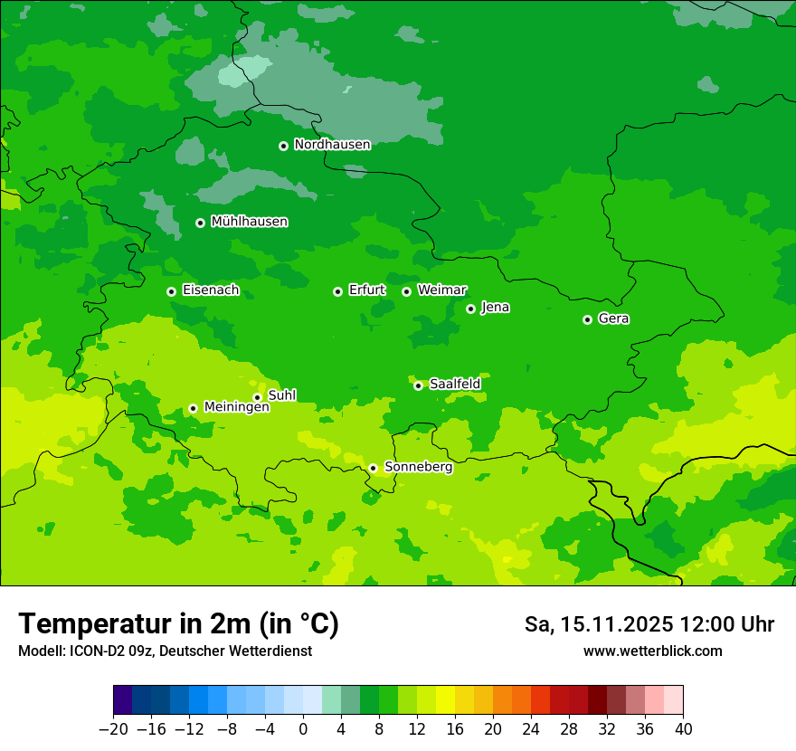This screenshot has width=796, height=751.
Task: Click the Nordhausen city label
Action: point(332,145)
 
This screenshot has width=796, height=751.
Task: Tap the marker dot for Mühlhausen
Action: point(200,223)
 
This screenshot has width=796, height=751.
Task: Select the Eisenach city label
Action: point(211,290)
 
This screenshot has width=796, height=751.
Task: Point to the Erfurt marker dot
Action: point(337,291)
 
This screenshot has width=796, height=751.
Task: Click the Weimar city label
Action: point(441,290)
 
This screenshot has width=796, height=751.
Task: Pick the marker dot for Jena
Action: point(470,309)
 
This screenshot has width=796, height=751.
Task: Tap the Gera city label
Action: point(613,318)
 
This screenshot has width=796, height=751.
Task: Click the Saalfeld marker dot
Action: point(418,385)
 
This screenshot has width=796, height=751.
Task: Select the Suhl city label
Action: point(282,395)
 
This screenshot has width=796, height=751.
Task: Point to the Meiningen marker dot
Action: point(193,408)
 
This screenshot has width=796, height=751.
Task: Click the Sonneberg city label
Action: point(418,467)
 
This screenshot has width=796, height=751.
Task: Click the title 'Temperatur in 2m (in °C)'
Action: point(178,624)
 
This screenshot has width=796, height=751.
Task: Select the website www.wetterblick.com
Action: point(652,651)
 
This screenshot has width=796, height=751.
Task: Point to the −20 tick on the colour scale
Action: point(114,728)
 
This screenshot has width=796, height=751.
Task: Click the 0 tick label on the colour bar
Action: point(303,728)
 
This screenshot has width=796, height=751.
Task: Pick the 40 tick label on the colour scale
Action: point(683,728)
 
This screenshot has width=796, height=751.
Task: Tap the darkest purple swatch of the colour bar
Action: point(123,700)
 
